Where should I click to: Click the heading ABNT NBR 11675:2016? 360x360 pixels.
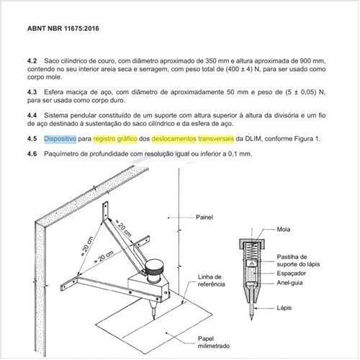click(63, 28)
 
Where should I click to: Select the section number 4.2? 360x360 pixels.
click(32, 61)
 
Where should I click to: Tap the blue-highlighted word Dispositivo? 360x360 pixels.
click(60, 139)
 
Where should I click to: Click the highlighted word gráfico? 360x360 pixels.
click(127, 139)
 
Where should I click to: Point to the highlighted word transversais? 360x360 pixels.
click(216, 139)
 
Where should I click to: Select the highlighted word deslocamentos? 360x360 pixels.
click(174, 139)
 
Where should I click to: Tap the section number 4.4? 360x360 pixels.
click(32, 115)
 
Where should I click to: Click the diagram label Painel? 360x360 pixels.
click(204, 217)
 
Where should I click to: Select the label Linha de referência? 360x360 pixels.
click(212, 280)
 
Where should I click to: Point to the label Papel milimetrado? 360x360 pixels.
click(214, 342)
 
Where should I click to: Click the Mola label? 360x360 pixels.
click(284, 230)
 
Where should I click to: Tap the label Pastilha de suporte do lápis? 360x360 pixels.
click(298, 261)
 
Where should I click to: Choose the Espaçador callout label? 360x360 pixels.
click(291, 274)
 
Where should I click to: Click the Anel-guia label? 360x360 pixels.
click(289, 283)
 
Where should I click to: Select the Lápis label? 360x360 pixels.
click(284, 307)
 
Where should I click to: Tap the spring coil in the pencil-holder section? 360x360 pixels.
click(252, 251)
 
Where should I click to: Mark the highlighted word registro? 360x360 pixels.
click(104, 139)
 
